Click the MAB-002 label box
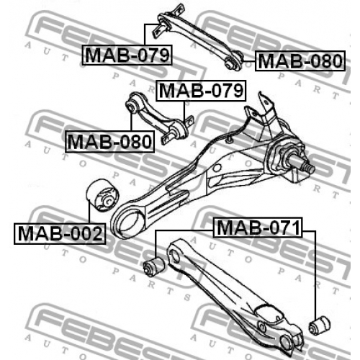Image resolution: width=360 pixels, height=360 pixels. tap(60, 234)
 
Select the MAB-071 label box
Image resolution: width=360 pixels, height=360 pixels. tap(258, 228)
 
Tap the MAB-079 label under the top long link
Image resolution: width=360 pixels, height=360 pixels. tap(127, 55)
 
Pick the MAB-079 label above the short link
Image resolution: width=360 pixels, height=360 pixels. tap(201, 91)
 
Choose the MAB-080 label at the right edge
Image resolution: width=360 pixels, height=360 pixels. tap(300, 60)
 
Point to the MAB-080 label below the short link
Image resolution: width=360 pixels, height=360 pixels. tap(109, 142)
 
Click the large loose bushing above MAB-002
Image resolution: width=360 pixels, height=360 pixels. tap(102, 195)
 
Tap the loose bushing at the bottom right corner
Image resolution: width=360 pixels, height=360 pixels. tap(320, 325)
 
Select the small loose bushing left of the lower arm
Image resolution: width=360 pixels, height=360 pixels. tap(154, 266)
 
